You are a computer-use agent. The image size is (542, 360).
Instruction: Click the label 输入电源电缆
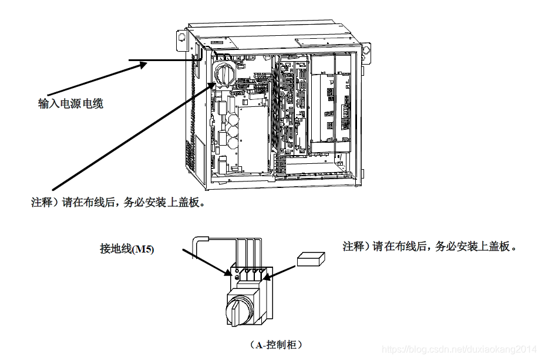(71, 104)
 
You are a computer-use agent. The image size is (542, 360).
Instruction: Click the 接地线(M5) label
(127, 250)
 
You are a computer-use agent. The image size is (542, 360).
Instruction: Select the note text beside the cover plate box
(430, 247)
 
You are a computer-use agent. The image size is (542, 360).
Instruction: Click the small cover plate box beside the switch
(311, 259)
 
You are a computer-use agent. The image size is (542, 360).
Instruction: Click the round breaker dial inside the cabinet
(224, 73)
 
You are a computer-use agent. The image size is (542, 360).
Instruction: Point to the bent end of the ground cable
(201, 240)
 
